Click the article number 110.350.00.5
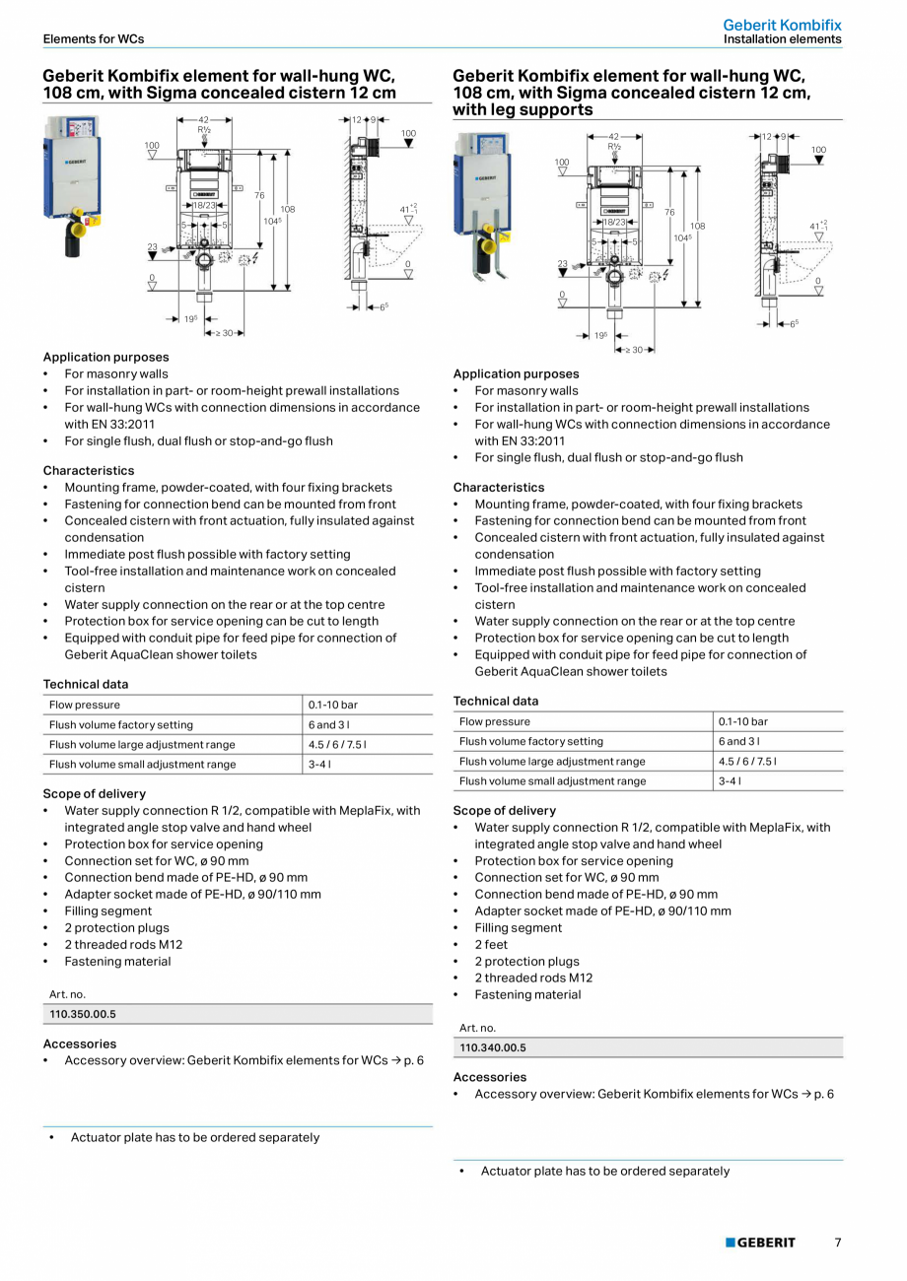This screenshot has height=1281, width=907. tap(83, 1014)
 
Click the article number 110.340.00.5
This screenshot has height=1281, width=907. tap(493, 1047)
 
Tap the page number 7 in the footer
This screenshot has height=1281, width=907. tap(838, 1243)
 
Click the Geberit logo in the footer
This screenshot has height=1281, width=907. tap(760, 1243)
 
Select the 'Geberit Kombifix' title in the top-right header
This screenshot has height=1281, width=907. tap(782, 25)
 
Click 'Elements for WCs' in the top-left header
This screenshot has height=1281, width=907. tap(93, 39)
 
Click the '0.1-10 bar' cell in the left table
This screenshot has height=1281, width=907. tap(332, 705)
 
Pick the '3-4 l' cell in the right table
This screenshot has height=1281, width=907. tap(732, 781)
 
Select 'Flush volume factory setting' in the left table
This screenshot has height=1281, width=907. tap(121, 724)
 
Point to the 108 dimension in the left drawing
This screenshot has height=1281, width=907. tap(288, 209)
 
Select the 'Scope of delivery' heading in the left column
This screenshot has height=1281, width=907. tap(94, 793)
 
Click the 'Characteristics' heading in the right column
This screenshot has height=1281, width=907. tap(499, 487)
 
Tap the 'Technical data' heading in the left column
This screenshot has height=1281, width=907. tap(86, 684)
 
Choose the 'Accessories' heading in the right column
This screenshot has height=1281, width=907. tap(490, 1077)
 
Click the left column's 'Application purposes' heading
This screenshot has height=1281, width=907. tap(105, 357)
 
